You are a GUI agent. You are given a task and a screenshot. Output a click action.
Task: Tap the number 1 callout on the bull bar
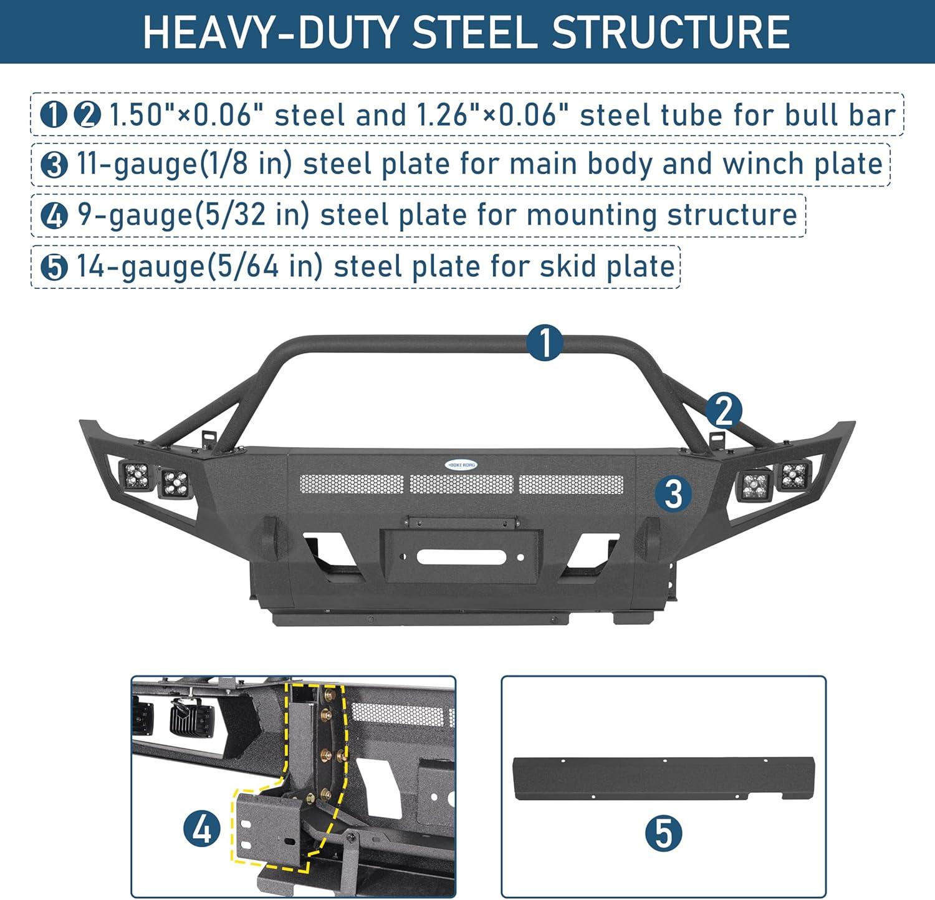point(545,342)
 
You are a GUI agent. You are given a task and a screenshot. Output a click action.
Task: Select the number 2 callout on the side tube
point(724,411)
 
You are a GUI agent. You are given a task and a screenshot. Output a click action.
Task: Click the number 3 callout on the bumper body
point(674,493)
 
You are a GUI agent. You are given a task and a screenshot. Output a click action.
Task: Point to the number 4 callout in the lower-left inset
point(202,829)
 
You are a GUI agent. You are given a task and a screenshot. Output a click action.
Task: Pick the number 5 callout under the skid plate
point(663,833)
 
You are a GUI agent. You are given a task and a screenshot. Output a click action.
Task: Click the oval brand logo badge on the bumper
point(461,465)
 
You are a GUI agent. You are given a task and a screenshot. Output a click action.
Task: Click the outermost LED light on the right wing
point(794,476)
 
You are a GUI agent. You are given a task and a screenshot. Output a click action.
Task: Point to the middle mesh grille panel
point(461,484)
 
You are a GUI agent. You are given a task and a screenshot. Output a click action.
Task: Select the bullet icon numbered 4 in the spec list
point(54,216)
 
